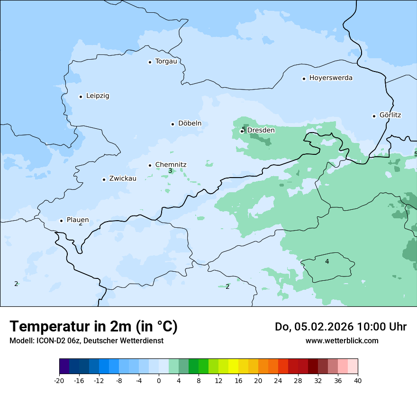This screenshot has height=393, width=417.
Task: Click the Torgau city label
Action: (166, 62)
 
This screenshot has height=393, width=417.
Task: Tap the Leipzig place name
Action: (98, 96)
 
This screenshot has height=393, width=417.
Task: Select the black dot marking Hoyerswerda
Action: (304, 79)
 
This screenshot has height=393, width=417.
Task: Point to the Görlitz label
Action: (390, 115)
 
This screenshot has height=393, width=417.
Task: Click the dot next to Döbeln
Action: (172, 124)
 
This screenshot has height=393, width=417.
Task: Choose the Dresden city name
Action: (261, 130)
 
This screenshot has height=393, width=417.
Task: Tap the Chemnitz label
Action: (171, 165)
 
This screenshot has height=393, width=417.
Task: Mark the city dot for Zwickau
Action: (104, 179)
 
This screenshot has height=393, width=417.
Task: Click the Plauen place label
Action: (77, 220)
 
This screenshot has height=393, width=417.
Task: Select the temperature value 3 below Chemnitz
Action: (170, 171)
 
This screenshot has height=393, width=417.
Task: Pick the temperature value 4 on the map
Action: (327, 261)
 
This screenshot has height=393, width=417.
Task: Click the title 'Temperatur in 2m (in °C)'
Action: (93, 327)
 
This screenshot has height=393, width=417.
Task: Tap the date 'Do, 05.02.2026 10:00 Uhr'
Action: (341, 327)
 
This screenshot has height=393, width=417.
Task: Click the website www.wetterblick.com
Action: (342, 341)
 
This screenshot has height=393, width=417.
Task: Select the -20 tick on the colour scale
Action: (59, 381)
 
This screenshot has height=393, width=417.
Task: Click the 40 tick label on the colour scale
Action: (358, 381)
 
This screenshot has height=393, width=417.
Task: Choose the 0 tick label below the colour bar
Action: (159, 381)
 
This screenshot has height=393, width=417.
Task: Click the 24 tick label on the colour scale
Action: (278, 381)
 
